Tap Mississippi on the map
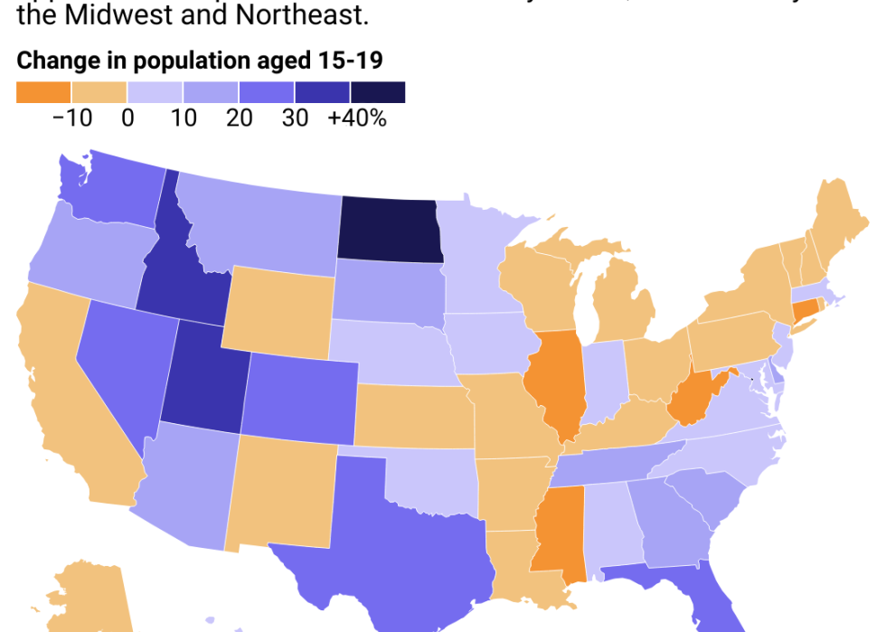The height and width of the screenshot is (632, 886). point(559,529)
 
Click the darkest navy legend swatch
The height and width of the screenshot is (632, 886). point(378,92)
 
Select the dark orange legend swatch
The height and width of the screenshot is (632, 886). point(43,92)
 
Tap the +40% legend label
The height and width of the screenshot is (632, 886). point(357,118)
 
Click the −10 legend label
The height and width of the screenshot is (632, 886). point(72,118)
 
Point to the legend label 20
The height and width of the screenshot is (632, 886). point(240,118)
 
